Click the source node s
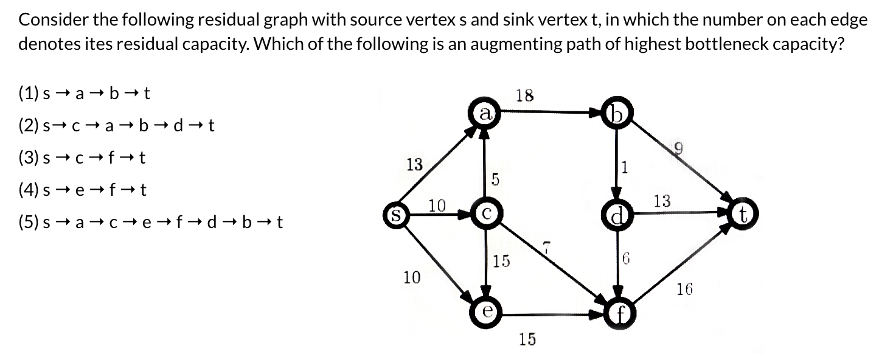tap(394, 215)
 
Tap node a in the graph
tap(485, 114)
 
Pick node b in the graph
tap(617, 114)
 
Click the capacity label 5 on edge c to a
tap(495, 179)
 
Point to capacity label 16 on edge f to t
tap(684, 289)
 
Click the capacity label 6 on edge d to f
tap(625, 259)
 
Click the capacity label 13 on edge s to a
tap(414, 165)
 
